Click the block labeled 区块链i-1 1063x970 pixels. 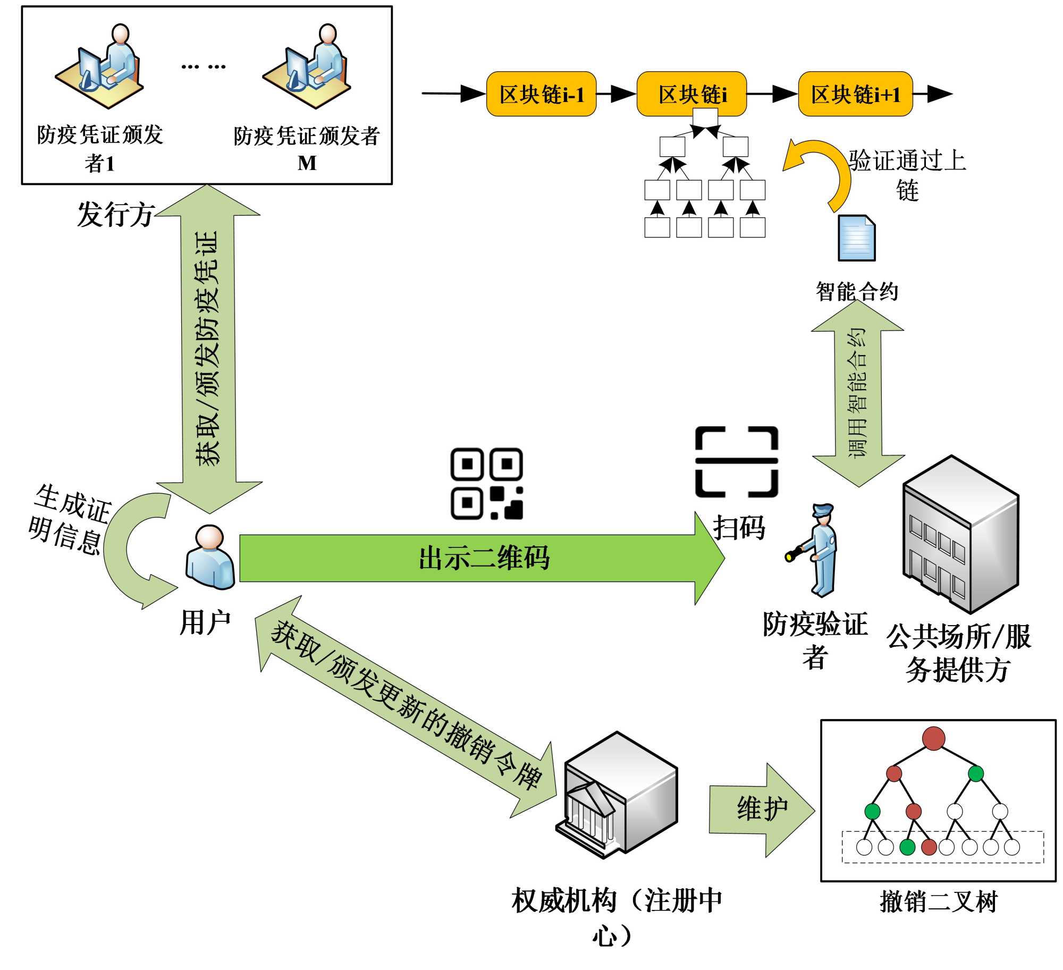pos(541,94)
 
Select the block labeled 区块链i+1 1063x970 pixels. pos(855,94)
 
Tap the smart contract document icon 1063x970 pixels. pos(856,238)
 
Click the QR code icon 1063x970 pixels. pos(486,483)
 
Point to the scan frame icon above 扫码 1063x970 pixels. pos(736,461)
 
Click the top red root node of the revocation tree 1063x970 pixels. pos(933,739)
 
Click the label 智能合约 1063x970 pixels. pos(857,291)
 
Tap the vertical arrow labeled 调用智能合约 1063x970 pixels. pos(857,393)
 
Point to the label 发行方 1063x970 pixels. pos(115,215)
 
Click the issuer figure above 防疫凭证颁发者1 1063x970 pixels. pos(100,66)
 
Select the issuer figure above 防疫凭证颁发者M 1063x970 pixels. pos(307,66)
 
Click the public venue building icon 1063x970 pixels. pos(960,534)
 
